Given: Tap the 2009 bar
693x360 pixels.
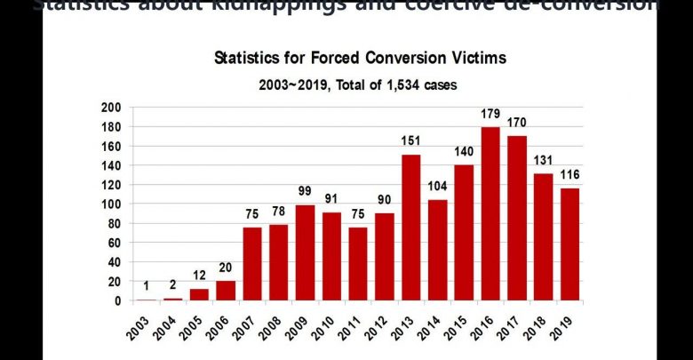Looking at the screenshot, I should pyautogui.click(x=305, y=252).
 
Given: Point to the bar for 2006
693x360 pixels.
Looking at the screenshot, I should pyautogui.click(x=226, y=291).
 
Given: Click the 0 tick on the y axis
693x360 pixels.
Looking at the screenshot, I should pyautogui.click(x=118, y=301).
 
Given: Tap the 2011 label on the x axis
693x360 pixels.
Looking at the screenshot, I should pyautogui.click(x=354, y=323).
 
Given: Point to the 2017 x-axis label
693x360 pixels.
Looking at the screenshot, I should pyautogui.click(x=513, y=323).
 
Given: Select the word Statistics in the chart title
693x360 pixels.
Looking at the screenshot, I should pyautogui.click(x=251, y=60).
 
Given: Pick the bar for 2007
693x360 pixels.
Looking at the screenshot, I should pyautogui.click(x=252, y=264).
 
